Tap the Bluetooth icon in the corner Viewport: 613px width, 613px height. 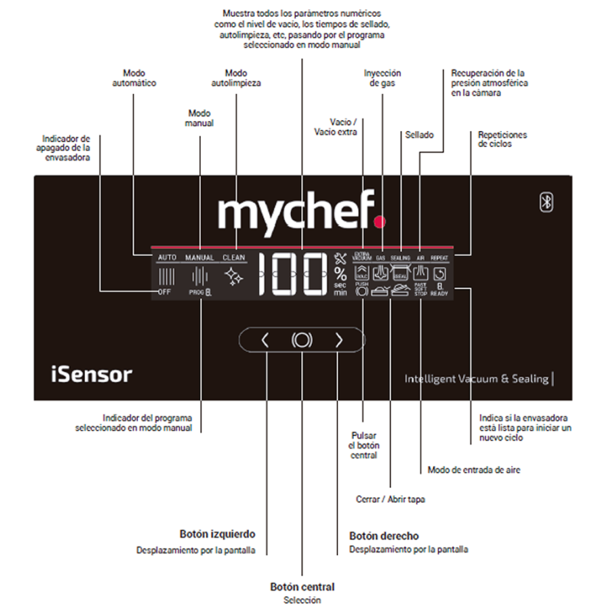click(547, 202)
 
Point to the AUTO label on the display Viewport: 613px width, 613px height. click(167, 258)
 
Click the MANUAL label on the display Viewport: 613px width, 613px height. click(199, 258)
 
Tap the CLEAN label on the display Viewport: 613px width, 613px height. click(234, 258)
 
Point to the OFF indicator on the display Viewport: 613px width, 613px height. click(164, 292)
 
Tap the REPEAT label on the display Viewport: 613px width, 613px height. click(439, 259)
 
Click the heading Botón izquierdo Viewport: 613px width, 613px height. click(217, 534)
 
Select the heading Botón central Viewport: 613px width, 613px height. click(302, 587)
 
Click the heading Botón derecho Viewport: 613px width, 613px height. click(384, 536)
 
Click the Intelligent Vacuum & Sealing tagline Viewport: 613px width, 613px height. click(476, 379)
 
